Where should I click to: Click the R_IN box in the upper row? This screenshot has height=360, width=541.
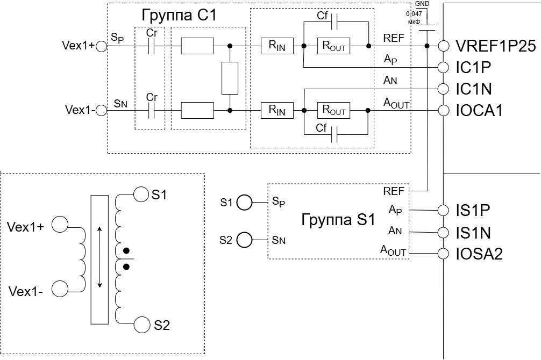coord(277,46)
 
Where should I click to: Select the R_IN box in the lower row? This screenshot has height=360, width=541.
coord(277,110)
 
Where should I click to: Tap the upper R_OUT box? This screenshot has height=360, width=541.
coord(333,46)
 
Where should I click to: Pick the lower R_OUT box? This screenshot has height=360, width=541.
coord(333,110)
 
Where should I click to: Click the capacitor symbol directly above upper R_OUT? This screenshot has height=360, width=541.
coord(334,21)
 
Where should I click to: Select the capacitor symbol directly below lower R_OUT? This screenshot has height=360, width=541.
coord(334,134)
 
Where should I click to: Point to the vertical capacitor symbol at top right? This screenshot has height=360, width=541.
coord(426,27)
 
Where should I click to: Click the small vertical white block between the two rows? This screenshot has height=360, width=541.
coord(230,78)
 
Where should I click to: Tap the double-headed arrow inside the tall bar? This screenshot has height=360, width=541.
coord(99,257)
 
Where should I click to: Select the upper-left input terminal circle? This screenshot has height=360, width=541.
coord(101,46)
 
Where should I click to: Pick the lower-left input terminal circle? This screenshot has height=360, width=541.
coord(101,110)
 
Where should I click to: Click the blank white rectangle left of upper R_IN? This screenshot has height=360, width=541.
coord(197,46)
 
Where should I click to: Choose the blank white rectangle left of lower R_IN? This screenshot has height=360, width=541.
coord(197,110)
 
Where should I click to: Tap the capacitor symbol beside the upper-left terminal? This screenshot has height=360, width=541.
coord(151,46)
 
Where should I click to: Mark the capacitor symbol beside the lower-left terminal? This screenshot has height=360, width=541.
coord(151,110)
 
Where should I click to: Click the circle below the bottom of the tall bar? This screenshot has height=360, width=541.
coord(142,325)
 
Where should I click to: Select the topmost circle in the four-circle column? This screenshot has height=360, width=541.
coord(444,46)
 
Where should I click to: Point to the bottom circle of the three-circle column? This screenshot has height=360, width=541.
coord(443,254)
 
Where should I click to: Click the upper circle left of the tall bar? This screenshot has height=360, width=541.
coord(60,224)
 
